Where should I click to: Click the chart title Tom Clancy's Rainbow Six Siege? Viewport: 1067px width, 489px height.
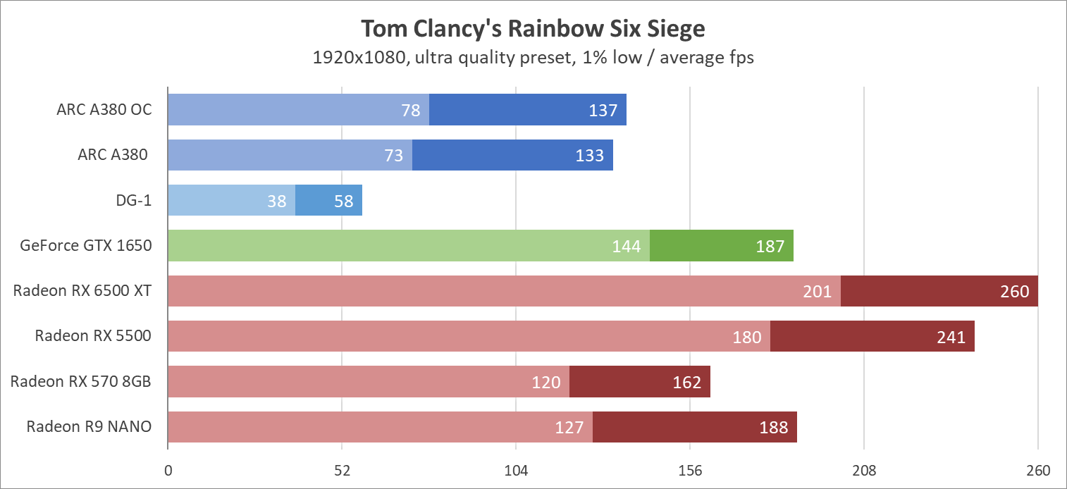tap(533, 28)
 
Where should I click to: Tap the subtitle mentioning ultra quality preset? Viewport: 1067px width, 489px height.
tap(533, 57)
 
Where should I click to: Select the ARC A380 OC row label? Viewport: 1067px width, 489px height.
tap(104, 110)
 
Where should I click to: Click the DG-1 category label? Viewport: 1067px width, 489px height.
tap(134, 201)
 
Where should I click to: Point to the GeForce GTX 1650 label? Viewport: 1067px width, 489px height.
tap(86, 246)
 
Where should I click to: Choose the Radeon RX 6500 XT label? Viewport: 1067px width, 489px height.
tap(82, 291)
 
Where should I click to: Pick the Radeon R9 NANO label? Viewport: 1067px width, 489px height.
tap(89, 426)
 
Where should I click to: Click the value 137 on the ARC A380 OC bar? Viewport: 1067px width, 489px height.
tap(603, 110)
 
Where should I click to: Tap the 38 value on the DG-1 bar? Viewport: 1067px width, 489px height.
tap(277, 201)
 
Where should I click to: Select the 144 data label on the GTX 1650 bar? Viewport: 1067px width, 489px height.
tap(627, 246)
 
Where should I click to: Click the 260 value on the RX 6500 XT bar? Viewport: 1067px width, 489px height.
tap(1015, 291)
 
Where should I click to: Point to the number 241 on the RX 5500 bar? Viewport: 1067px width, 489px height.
tap(951, 337)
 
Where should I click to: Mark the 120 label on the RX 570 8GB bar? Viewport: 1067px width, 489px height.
tap(546, 382)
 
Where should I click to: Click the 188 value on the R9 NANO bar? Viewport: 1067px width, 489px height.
tap(774, 427)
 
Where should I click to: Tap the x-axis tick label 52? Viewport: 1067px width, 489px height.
tap(342, 470)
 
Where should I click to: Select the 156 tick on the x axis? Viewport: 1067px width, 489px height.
tap(690, 470)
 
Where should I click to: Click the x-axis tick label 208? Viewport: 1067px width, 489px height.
tap(864, 470)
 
